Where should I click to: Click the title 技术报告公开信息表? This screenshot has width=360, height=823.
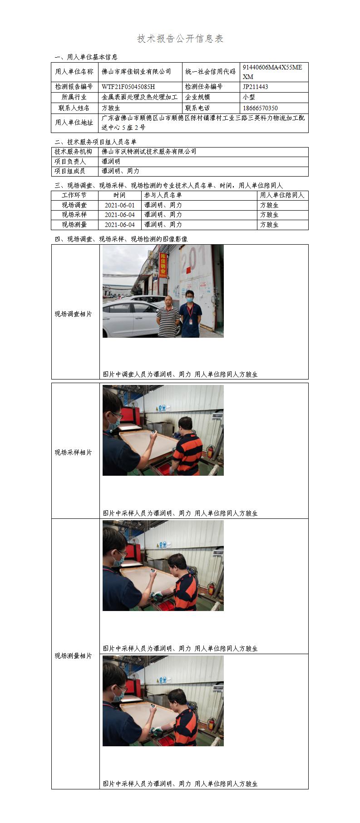(x=180, y=39)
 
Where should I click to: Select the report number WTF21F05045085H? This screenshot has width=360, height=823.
(x=128, y=87)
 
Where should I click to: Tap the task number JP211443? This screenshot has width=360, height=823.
(x=255, y=87)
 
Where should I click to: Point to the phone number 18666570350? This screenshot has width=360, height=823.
(x=260, y=108)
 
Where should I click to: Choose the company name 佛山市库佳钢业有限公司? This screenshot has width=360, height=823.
(x=137, y=72)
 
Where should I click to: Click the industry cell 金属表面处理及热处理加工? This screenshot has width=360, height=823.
(x=140, y=97)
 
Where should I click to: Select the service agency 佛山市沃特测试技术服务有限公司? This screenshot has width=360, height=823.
(x=149, y=152)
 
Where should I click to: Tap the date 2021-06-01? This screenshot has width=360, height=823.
(x=120, y=205)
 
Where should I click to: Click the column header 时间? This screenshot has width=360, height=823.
(x=120, y=195)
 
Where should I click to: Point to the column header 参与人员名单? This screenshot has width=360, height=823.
(x=163, y=195)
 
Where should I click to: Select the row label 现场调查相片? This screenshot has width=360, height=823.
(x=74, y=314)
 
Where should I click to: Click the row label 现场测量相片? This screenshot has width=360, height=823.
(x=74, y=656)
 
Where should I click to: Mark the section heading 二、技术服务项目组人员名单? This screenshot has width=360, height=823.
(x=95, y=142)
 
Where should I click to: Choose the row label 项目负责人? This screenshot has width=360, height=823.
(x=70, y=162)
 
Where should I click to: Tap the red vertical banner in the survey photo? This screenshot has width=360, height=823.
(x=163, y=266)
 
